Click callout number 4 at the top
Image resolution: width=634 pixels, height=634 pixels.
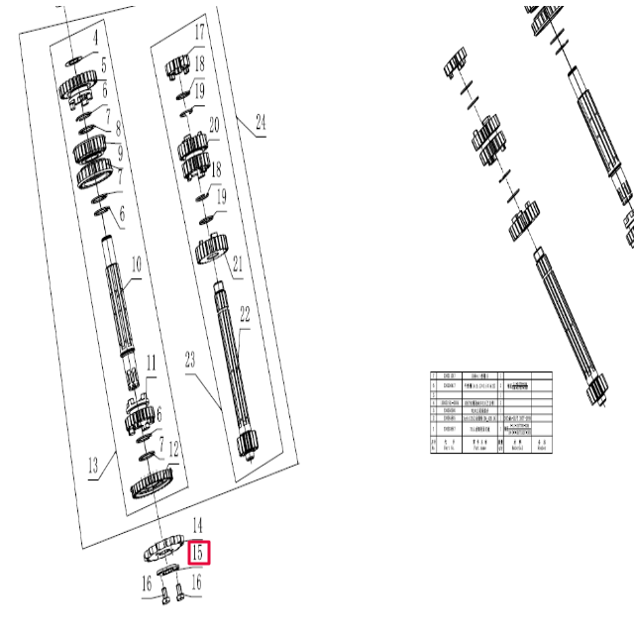pos(96,39)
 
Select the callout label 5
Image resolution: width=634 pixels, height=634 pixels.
pos(102,66)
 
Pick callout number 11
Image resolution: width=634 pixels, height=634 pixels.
pos(152,364)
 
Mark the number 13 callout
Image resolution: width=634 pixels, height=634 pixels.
pos(94,465)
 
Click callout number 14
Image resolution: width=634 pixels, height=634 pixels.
pos(197,525)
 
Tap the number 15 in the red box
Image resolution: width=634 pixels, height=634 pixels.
pos(199,553)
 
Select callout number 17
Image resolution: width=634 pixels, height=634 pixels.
pos(199,33)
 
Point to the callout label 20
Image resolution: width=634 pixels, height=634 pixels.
pos(213,126)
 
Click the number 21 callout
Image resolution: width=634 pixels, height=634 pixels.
pos(238,264)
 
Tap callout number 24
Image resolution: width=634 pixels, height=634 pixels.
pos(261,124)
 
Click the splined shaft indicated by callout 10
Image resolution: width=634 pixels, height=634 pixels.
pos(120,297)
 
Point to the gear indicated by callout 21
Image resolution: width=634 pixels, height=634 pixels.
pos(211,247)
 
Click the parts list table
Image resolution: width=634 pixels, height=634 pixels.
pos(490,411)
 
